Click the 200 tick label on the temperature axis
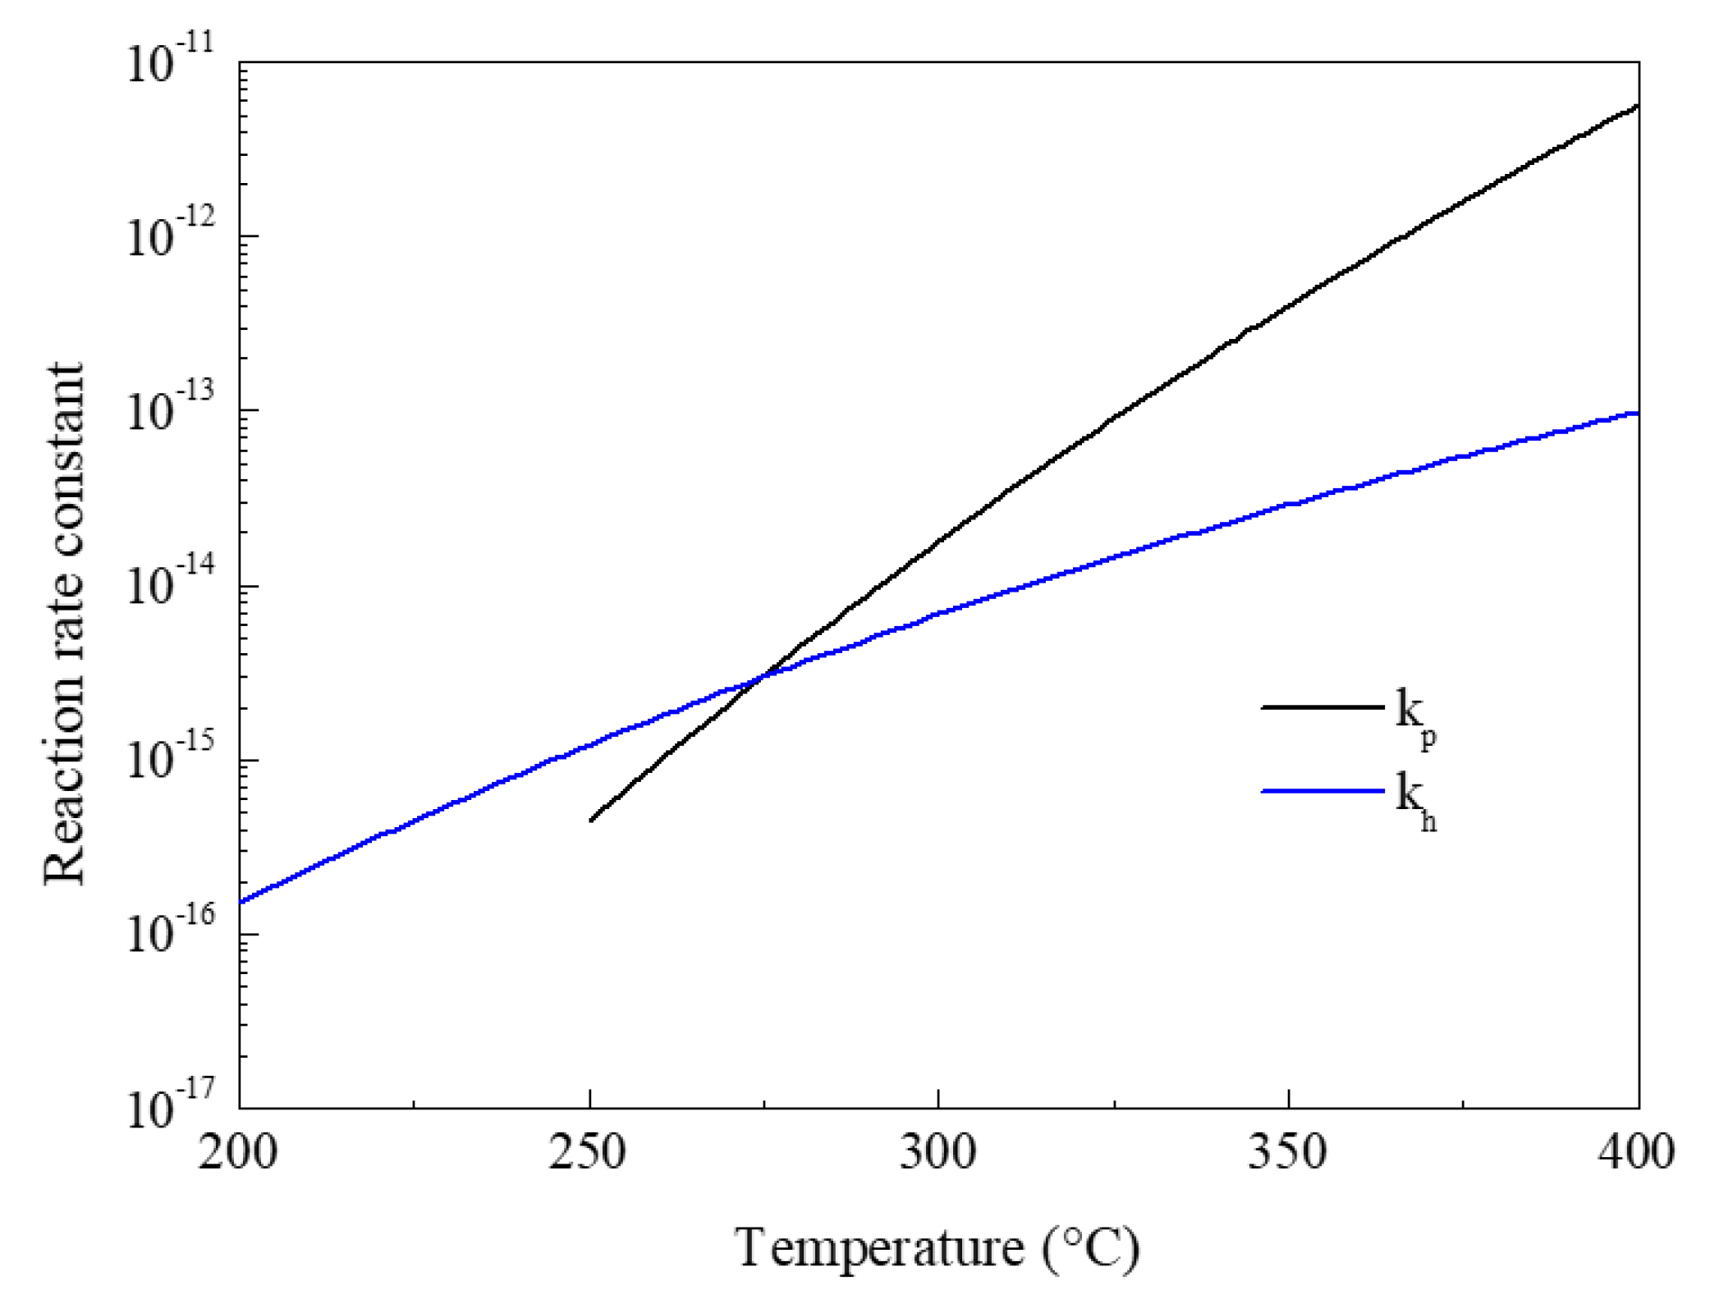tap(237, 1153)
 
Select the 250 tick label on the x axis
tap(588, 1153)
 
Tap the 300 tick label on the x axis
tap(938, 1153)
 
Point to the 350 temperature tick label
tap(1288, 1153)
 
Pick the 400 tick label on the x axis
tap(1636, 1153)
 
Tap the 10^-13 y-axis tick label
tap(171, 409)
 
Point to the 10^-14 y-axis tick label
tap(171, 584)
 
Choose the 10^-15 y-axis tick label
tap(171, 759)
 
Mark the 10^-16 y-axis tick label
tap(171, 933)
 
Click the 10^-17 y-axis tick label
tap(171, 1107)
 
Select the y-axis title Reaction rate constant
tap(64, 624)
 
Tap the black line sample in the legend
tap(1323, 707)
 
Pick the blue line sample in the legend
tap(1323, 791)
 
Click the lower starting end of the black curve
tap(591, 820)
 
